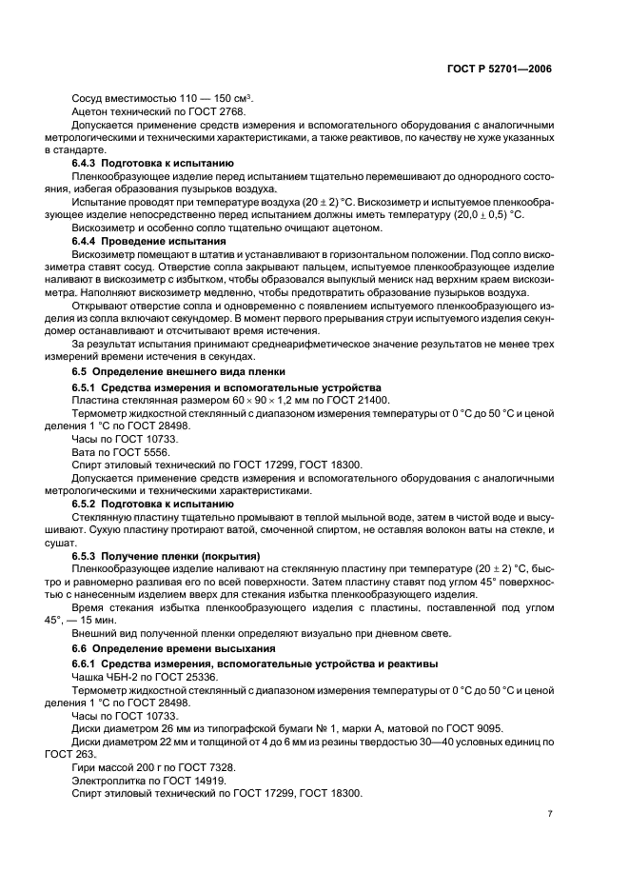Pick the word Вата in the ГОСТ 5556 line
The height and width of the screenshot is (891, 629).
[x=85, y=452]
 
